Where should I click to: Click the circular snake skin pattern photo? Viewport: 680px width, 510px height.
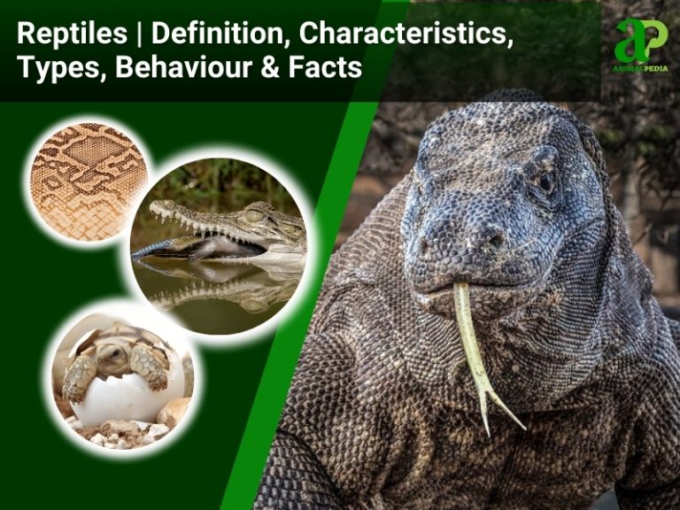pos(89,182)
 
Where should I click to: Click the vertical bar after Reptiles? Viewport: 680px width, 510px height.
pos(140,35)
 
